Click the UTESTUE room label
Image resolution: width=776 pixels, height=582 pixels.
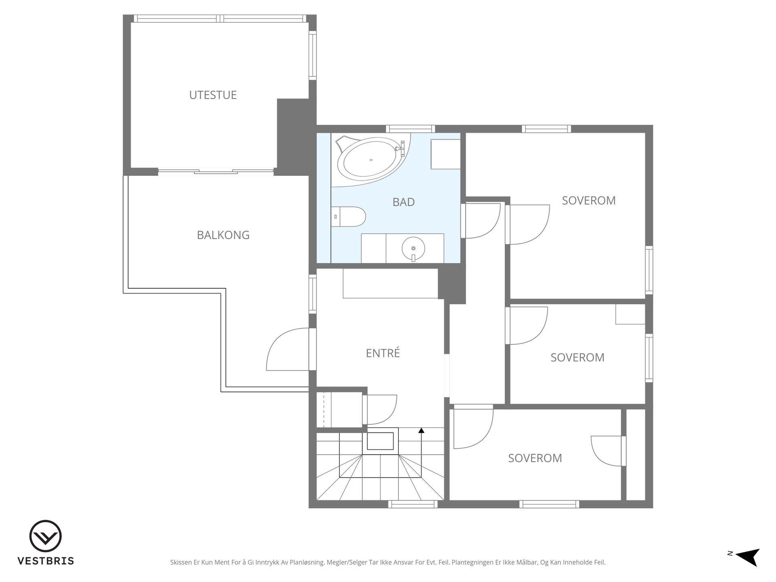point(213,95)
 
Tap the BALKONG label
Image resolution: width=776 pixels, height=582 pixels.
point(223,235)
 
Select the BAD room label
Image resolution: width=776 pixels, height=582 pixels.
point(404,202)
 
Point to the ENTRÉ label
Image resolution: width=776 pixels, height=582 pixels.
point(383,353)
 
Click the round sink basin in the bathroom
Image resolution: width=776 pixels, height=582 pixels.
point(413,247)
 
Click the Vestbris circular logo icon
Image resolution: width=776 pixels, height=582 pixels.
point(45,536)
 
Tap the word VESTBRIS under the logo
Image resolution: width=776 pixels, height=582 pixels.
point(46,561)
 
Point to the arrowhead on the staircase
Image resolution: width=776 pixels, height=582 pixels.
point(421,430)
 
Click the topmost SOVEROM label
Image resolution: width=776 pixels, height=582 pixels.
point(589,200)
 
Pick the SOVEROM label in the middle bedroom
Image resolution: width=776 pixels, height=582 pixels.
point(578,357)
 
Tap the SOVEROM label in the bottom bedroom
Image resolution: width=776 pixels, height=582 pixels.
point(535,458)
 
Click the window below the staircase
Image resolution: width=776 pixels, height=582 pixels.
point(413,504)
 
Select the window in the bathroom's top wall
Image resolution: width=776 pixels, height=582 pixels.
point(411,129)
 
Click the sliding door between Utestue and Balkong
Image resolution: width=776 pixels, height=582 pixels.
point(216,172)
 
